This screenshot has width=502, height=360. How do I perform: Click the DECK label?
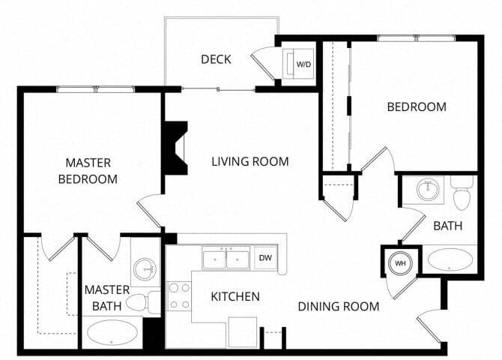(x=216, y=59)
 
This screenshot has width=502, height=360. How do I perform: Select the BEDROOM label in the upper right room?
(x=416, y=106)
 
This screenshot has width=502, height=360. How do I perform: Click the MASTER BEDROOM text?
(x=88, y=170)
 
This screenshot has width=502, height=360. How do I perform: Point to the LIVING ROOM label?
(x=250, y=161)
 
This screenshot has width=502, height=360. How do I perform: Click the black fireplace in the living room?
(x=175, y=148)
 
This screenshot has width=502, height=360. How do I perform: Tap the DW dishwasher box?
(x=265, y=258)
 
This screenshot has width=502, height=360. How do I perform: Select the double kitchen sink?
(x=226, y=259)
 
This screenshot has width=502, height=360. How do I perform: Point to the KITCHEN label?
(x=235, y=297)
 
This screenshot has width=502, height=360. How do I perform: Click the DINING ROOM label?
(x=338, y=306)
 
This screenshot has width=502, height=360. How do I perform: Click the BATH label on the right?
(x=447, y=225)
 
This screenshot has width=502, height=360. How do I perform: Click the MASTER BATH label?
(x=106, y=297)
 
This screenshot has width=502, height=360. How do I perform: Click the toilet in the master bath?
(x=142, y=301)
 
